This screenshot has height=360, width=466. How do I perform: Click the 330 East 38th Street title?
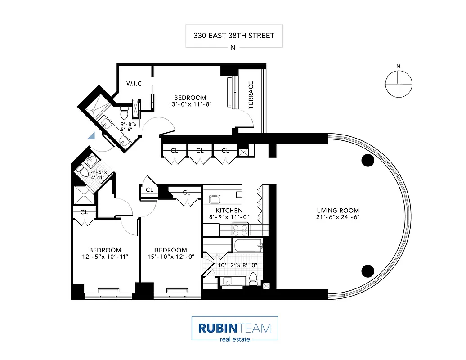click(234, 35)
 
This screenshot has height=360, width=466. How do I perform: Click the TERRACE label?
click(251, 94)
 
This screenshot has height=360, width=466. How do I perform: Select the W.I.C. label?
click(134, 84)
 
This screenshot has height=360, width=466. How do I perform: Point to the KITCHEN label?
click(229, 211)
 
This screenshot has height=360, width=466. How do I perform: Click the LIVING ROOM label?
click(338, 211)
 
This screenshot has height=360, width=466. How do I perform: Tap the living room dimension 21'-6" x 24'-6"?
click(338, 218)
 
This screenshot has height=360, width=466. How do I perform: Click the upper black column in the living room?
click(368, 160)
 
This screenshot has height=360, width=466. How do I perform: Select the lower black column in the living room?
click(368, 270)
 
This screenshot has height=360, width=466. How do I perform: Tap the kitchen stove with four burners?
click(239, 230)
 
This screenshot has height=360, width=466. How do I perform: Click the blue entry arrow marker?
click(91, 136)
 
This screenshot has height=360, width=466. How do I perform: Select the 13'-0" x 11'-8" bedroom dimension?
click(190, 104)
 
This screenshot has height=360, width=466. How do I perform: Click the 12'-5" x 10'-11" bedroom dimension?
click(105, 257)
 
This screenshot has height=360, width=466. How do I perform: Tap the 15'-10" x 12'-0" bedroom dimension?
click(170, 257)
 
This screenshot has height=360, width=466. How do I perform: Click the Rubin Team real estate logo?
click(234, 328)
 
